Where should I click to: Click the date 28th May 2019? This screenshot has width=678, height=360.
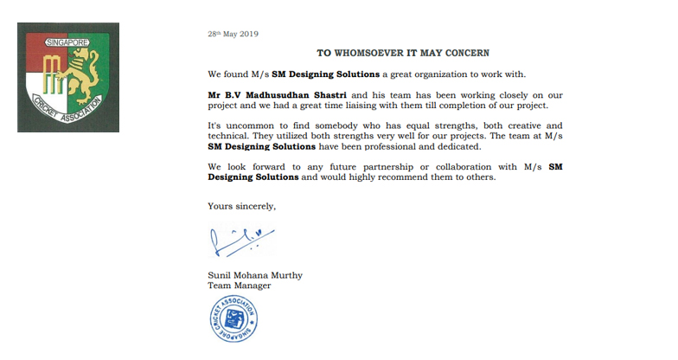233,34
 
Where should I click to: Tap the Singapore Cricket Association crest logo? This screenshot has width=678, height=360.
68,77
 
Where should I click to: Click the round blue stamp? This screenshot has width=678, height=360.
233,318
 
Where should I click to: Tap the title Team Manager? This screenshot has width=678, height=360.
240,286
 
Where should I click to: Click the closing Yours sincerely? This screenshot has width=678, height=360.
242,205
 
